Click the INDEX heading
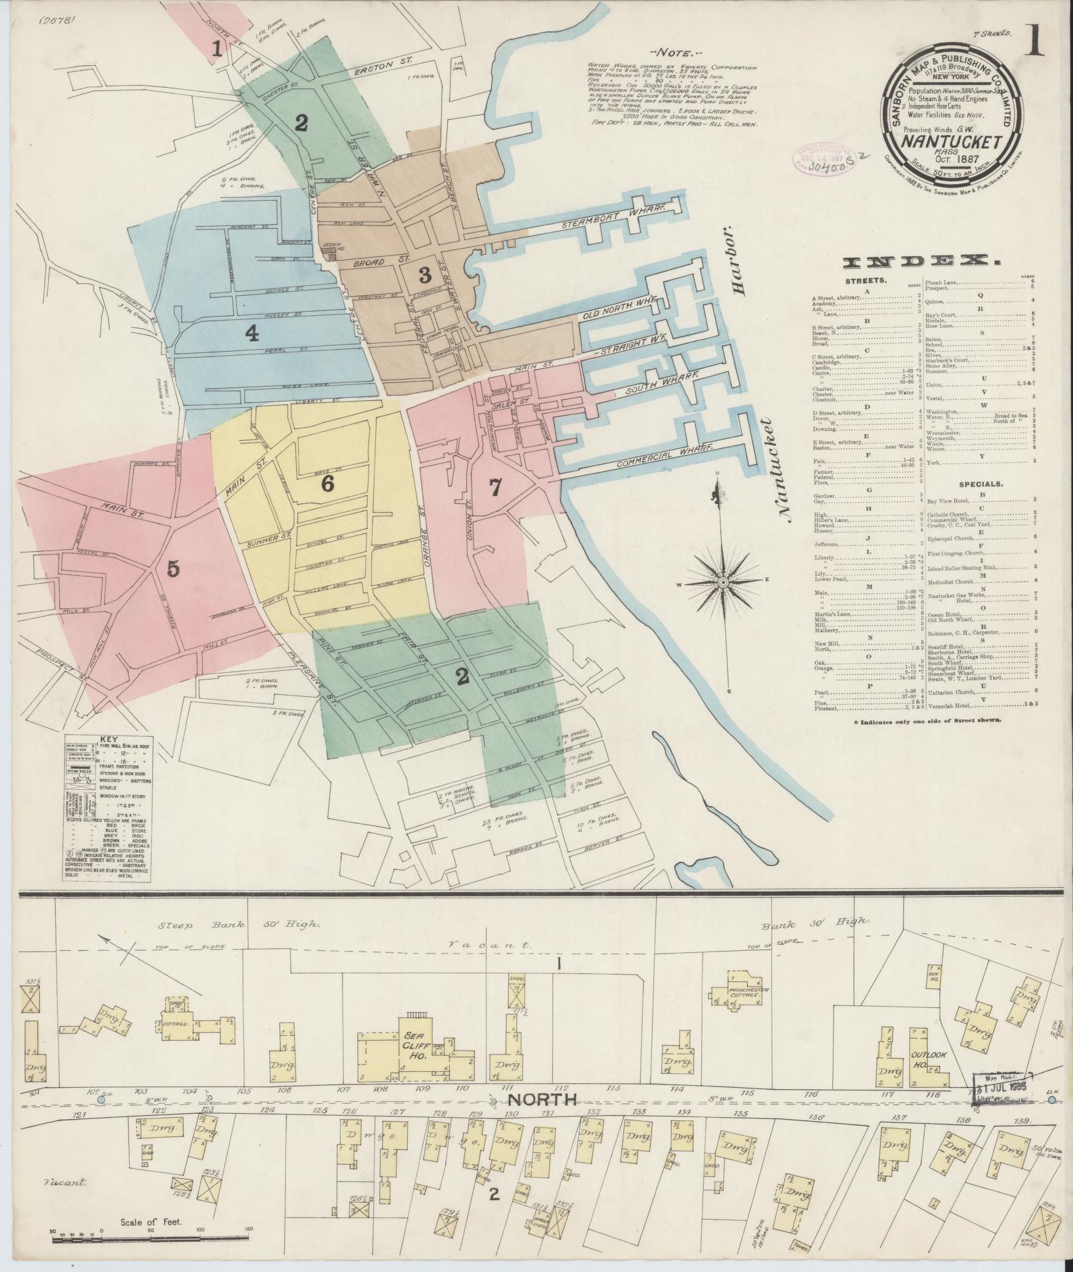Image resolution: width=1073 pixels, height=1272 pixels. pos(921,263)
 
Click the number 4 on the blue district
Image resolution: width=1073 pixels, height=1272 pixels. pos(251,334)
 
